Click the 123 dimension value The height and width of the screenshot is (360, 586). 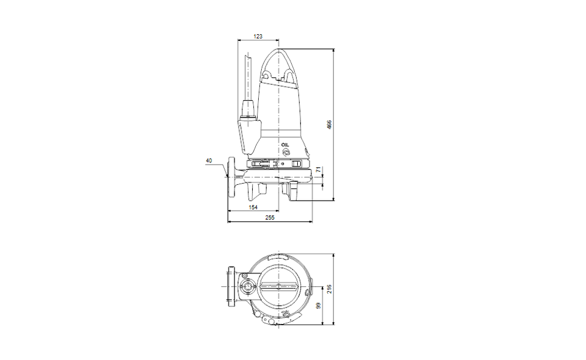[x=258, y=36]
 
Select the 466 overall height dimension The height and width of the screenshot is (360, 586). [x=329, y=124]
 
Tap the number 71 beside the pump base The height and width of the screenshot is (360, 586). [x=319, y=170]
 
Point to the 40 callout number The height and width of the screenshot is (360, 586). [x=209, y=160]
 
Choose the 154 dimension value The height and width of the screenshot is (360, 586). [x=253, y=207]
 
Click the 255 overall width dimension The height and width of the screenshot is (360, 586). [x=269, y=217]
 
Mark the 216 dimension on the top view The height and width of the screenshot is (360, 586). [x=329, y=289]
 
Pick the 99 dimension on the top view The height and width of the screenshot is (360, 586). [x=319, y=306]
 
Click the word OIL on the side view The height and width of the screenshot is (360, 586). [x=286, y=145]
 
